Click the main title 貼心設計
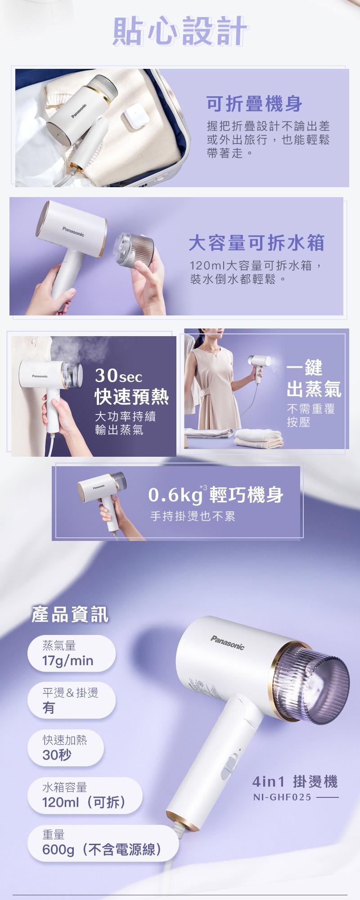point(180,31)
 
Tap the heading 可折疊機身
point(254,104)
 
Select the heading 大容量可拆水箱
point(256,243)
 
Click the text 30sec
point(118,375)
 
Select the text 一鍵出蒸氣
point(314,379)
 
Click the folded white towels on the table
point(259,437)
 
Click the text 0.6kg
point(175,495)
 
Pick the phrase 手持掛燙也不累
point(193,516)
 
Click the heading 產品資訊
point(70,614)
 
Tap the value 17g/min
point(68,661)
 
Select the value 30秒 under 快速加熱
point(57,755)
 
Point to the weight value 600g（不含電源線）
point(102,849)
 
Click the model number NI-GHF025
point(282,797)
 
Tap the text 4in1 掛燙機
point(295,782)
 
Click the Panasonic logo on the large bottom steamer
point(227,643)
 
